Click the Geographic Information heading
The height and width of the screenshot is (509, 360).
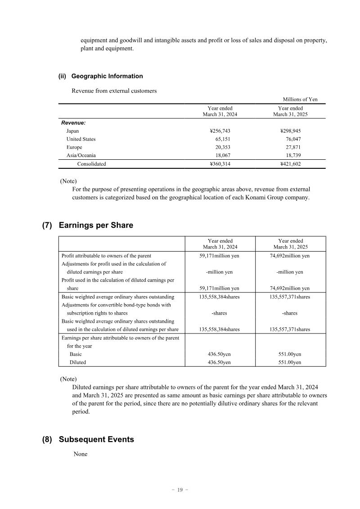107,76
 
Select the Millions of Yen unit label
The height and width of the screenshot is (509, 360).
300,99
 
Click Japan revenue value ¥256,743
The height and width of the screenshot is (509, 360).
220,131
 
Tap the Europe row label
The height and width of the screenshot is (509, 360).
74,147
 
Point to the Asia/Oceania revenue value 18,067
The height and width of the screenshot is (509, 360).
223,155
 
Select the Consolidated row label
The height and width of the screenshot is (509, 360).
91,164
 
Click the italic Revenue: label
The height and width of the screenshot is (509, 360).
73,122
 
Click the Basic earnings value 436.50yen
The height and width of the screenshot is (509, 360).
220,354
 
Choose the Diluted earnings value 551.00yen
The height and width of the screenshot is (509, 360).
290,362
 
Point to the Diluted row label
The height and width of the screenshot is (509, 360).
77,362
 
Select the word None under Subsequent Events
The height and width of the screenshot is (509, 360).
81,454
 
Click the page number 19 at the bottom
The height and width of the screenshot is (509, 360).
180,490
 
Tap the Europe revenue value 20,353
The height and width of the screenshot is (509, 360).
223,147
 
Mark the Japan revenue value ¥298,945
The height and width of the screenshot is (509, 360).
290,131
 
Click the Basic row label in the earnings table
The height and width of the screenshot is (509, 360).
76,354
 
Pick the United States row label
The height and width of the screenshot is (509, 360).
81,139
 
